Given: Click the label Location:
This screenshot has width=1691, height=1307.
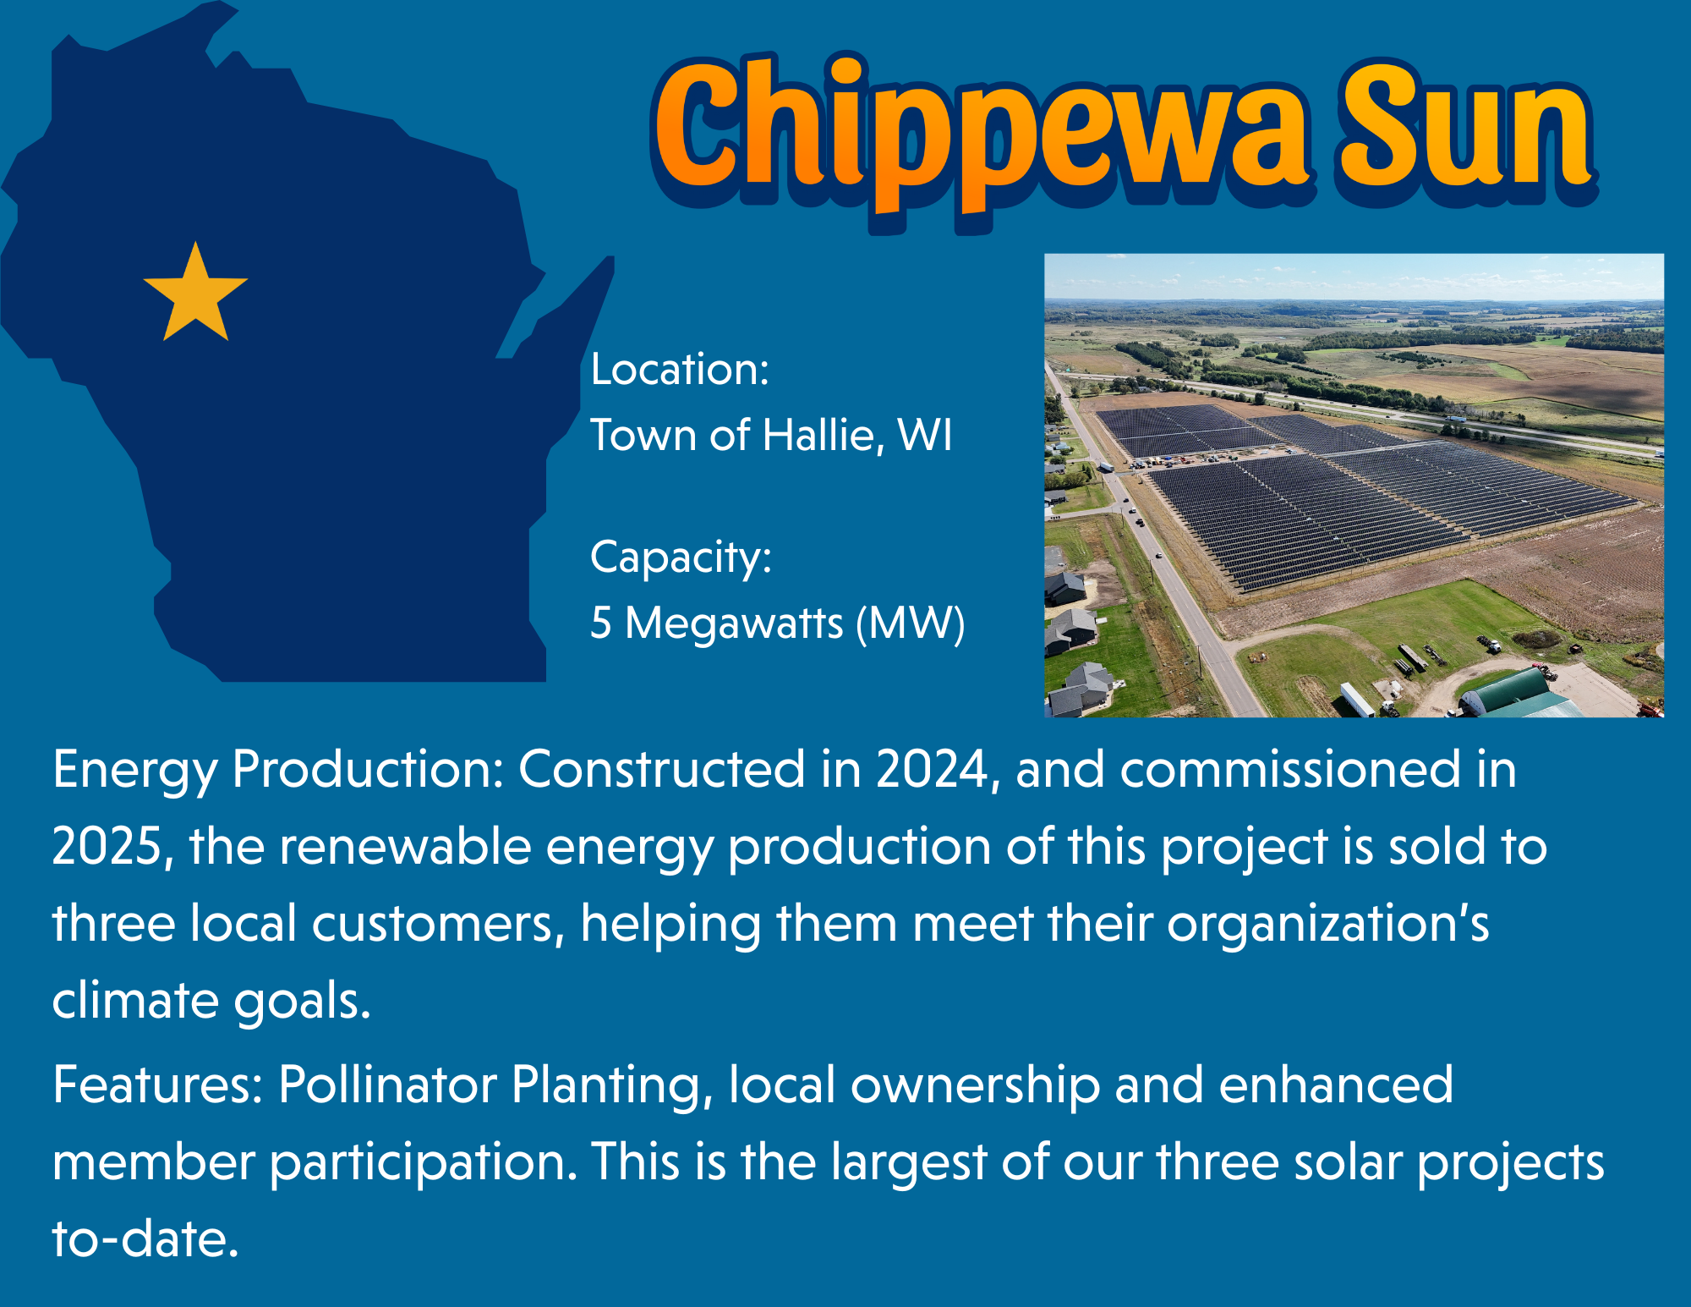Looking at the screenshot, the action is click(680, 369).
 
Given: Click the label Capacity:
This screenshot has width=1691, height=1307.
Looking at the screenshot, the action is click(681, 558).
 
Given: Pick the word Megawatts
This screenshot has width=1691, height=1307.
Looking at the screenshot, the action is click(734, 623).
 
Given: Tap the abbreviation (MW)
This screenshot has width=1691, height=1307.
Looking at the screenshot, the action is click(911, 623).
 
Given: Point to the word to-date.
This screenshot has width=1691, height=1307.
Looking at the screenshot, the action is click(146, 1239).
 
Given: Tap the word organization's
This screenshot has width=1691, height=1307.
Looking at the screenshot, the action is click(1328, 924).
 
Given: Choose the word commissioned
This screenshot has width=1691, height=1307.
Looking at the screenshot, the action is click(1291, 770).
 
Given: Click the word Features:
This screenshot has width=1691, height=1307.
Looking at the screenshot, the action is click(158, 1085).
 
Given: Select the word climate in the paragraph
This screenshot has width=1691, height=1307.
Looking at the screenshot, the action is click(135, 1000).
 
